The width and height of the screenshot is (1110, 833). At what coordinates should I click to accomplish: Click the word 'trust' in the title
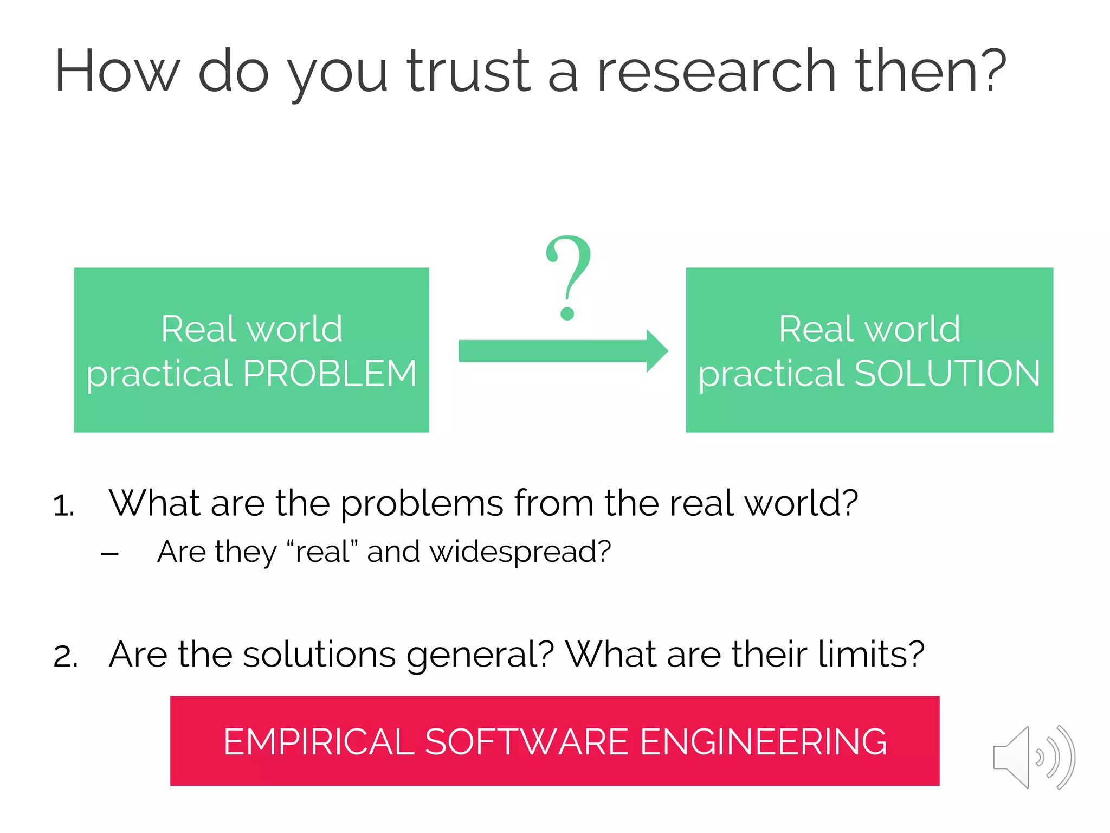pos(469,72)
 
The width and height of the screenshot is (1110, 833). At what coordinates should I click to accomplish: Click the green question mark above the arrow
pos(567,277)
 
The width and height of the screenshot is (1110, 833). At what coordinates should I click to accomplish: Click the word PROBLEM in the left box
pos(330,374)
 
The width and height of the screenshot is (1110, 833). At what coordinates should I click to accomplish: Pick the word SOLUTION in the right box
pos(947,374)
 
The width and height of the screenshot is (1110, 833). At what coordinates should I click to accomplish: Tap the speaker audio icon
pos(1033,757)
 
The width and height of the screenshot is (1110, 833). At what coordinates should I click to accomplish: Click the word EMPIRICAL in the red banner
pos(319,742)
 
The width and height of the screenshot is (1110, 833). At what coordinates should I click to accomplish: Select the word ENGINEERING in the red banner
pos(763,742)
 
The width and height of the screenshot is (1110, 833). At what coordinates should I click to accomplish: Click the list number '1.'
pos(64,506)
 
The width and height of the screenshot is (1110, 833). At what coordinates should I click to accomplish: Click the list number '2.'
pos(66,656)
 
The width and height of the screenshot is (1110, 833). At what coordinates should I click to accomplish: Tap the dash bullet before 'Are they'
pos(109,554)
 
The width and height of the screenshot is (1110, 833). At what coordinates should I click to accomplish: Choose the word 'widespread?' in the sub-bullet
pos(520,552)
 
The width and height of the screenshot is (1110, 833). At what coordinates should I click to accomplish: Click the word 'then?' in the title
pos(930,72)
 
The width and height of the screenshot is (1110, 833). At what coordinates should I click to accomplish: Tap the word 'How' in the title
pos(117,72)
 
